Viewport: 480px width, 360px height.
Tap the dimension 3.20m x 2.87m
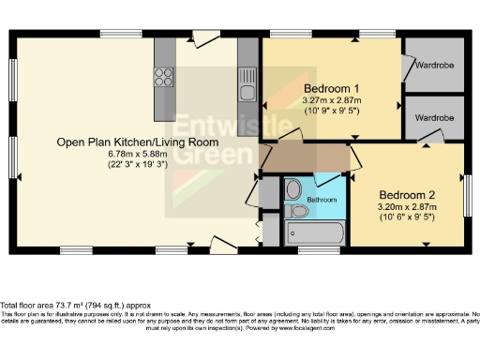409,206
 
